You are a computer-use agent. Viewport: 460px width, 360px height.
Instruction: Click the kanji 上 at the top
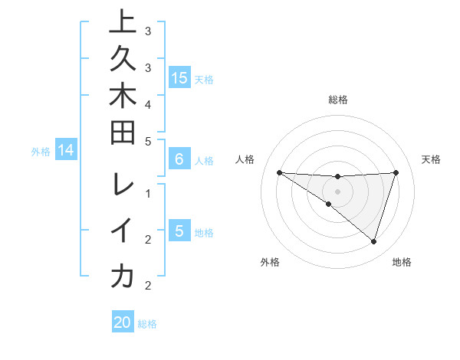pos(122,23)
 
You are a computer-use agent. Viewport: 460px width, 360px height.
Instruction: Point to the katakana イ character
pos(122,230)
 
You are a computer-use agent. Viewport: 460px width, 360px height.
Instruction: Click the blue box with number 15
pos(179,78)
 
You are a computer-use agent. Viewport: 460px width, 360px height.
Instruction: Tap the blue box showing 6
pos(179,160)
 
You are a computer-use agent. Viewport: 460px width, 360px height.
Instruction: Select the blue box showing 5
pos(179,231)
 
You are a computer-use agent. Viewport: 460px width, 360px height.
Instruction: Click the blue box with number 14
pos(66,151)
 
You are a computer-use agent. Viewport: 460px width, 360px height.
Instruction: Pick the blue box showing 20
pos(123,322)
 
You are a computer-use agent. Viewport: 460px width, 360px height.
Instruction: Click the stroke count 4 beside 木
pos(148,103)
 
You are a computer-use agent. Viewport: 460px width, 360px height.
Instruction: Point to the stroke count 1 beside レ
pos(148,193)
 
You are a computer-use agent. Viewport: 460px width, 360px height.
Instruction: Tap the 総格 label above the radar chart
pos(338,100)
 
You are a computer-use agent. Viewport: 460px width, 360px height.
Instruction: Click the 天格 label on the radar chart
pos(432,159)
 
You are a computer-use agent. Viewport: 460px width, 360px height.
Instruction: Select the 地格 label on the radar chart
pos(402,262)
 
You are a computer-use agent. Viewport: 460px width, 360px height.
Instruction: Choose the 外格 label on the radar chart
pos(270,262)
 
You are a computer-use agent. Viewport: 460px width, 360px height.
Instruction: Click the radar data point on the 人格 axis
pos(279,172)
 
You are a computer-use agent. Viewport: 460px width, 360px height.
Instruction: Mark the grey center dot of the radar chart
pos(337,191)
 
